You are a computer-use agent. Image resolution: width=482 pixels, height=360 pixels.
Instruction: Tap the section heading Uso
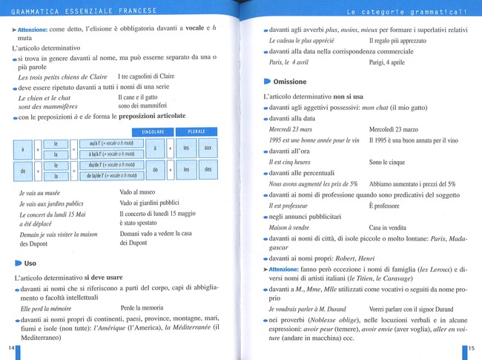pos(30,263)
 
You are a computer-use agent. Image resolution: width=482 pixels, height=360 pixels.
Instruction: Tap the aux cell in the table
pos(208,148)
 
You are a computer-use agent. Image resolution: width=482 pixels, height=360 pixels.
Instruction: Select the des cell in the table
pos(208,169)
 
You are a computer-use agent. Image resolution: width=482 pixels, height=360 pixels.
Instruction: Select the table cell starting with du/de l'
pos(111,164)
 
